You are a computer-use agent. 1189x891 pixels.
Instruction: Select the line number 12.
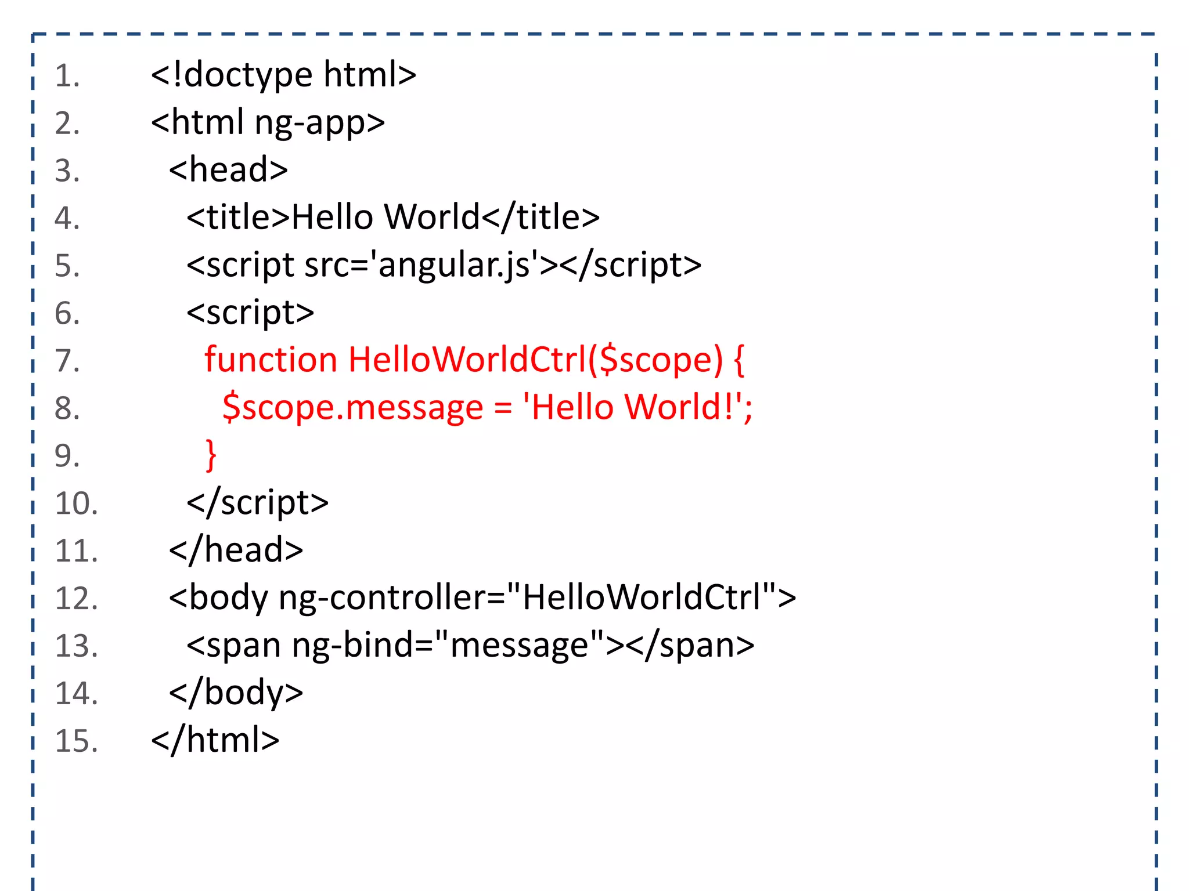click(76, 599)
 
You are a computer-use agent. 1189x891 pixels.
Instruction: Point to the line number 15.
click(76, 741)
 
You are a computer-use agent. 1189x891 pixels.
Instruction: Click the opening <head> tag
click(228, 170)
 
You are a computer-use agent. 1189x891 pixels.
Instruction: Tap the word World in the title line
click(432, 218)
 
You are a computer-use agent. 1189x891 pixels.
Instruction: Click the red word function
click(271, 360)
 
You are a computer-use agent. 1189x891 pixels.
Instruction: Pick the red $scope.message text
click(352, 407)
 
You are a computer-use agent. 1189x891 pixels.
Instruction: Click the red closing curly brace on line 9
click(211, 455)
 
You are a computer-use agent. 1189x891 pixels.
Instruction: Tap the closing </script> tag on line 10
click(257, 503)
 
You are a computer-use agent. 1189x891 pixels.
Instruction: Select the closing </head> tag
click(236, 550)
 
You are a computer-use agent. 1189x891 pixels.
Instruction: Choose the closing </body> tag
click(236, 693)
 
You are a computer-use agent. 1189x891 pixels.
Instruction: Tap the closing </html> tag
click(215, 741)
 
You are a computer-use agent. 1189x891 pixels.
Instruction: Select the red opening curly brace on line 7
click(739, 360)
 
